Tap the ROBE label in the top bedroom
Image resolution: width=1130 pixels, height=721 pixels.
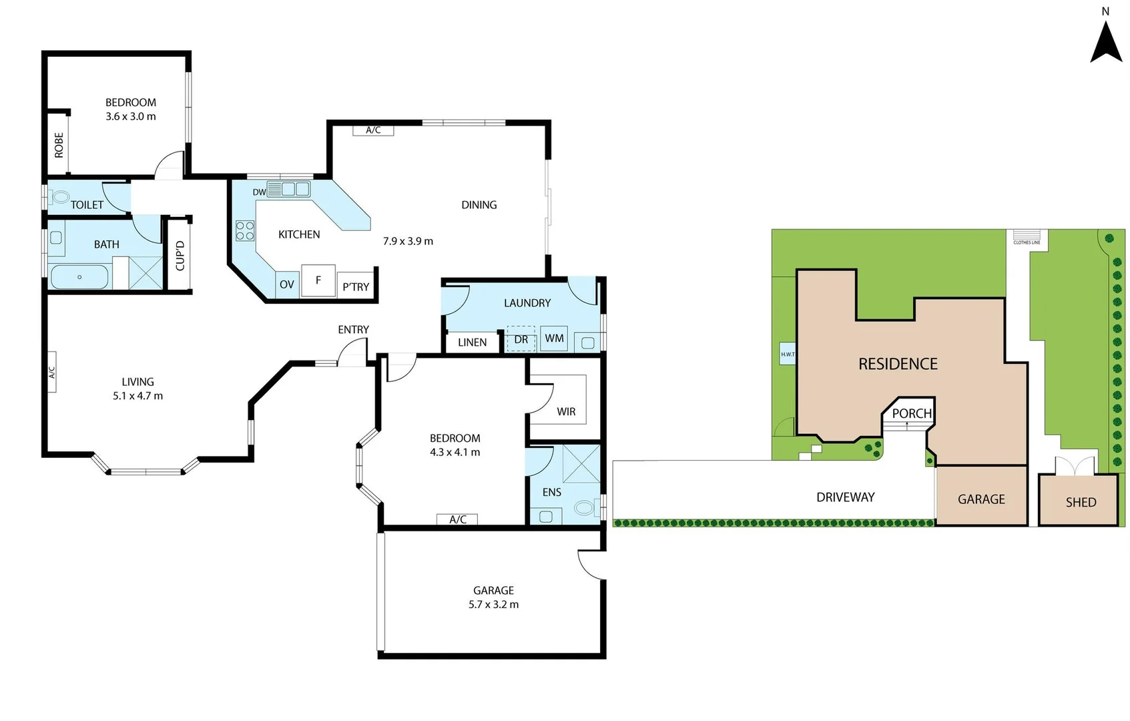coord(59,145)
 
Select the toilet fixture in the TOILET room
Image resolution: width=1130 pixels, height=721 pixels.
coord(61,197)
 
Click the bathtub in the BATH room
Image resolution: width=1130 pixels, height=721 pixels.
coord(79,277)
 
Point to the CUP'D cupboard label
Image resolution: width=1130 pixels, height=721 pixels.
coord(180,255)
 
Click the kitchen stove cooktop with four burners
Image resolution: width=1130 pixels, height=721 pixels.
coord(245,231)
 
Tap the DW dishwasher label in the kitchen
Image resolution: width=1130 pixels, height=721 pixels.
coord(260,192)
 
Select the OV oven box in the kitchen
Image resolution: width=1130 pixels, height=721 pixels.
coord(287,284)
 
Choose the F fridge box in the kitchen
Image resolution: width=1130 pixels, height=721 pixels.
coord(318,280)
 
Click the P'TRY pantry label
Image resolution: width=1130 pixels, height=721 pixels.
coord(356,287)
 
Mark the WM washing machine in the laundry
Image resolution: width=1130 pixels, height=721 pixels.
coord(554,338)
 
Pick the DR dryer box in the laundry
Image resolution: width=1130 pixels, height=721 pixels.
coord(521,340)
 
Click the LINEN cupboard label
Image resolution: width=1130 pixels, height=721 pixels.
coord(472,342)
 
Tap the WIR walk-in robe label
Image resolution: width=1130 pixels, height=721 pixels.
coord(566,412)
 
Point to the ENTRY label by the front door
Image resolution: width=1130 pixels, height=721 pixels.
coord(353,330)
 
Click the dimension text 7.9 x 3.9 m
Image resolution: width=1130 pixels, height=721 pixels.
coord(408,241)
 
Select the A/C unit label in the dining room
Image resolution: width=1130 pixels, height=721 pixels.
coord(373,130)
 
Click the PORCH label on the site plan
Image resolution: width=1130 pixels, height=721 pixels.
coord(912,413)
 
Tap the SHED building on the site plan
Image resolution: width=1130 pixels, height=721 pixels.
coord(1080,502)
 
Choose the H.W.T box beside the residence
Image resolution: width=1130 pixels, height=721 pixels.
coord(788,354)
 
